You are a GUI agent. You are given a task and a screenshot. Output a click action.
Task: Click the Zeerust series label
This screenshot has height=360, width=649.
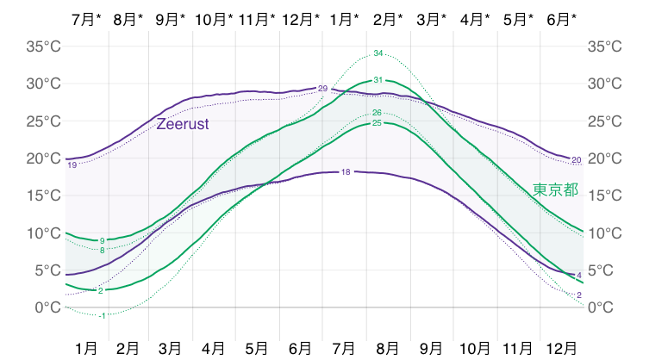coord(183,124)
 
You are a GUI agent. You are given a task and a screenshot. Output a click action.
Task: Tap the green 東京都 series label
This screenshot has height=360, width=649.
coord(555,189)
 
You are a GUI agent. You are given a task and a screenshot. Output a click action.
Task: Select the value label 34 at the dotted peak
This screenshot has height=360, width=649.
coord(378,54)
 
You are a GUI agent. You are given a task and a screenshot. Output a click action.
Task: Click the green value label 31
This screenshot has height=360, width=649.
coord(378,80)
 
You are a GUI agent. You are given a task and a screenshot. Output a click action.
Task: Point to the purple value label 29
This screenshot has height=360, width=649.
coord(322,89)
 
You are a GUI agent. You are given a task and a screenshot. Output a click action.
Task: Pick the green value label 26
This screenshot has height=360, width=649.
coord(377,113)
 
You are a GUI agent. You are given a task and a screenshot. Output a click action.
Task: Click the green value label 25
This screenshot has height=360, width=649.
coord(377,123)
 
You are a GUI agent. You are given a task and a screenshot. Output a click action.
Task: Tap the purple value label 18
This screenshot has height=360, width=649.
coord(346,172)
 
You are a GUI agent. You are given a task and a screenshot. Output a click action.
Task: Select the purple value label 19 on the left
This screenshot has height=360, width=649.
coord(72,164)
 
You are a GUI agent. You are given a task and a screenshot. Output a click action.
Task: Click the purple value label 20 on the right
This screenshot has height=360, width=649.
coord(577,159)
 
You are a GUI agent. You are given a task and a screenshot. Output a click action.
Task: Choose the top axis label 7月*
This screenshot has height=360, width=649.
coord(87,18)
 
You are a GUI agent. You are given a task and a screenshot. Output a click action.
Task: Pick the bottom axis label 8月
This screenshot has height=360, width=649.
coord(388,348)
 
